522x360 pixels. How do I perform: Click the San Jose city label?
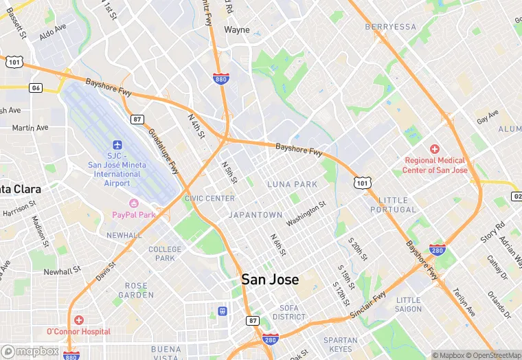[270, 280]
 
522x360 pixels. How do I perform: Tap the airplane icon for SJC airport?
[117, 146]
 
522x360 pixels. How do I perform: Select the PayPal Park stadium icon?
[134, 203]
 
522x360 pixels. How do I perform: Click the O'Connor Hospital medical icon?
[79, 320]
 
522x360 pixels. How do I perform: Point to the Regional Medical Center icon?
[434, 149]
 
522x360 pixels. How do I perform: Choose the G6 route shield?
[36, 88]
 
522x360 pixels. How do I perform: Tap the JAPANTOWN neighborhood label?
[256, 215]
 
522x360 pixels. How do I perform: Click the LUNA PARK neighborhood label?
[292, 184]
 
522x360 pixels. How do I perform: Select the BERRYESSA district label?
[391, 27]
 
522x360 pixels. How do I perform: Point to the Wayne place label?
[237, 30]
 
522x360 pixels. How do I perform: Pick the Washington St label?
[306, 214]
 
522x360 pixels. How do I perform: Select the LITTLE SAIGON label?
[408, 304]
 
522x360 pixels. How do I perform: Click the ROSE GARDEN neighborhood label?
[136, 290]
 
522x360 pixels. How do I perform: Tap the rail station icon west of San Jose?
[222, 311]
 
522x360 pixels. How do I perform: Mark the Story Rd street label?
[492, 232]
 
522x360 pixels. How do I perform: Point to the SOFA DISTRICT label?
[288, 313]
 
